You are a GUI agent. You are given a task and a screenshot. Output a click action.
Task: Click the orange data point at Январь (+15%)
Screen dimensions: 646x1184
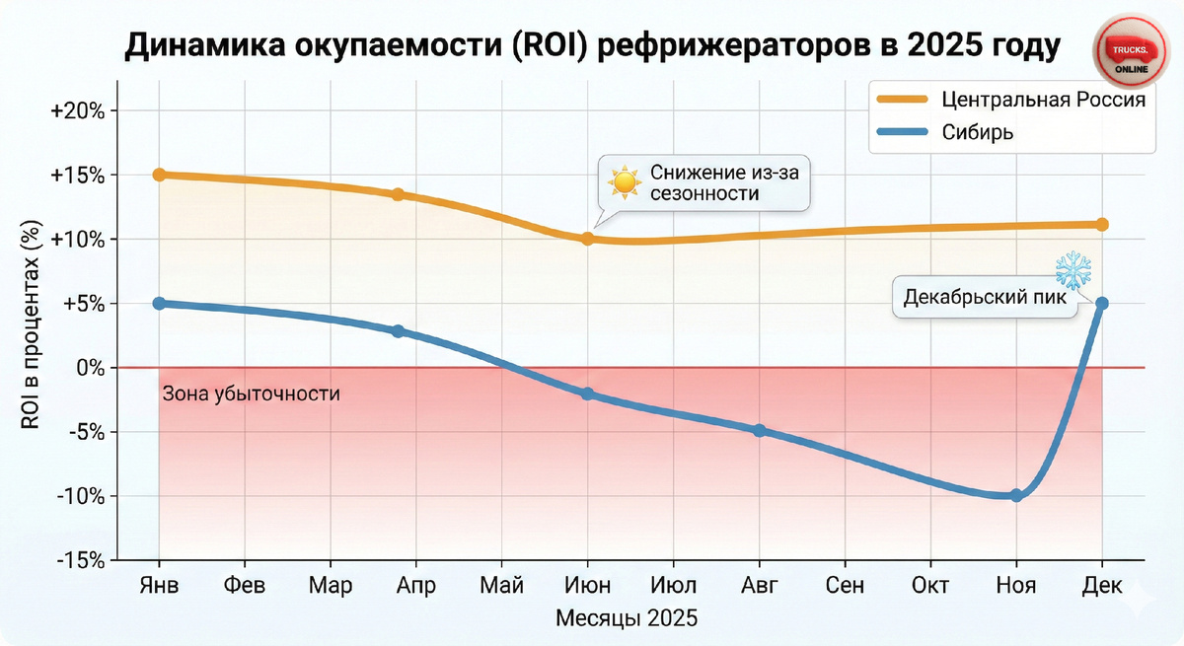click(159, 175)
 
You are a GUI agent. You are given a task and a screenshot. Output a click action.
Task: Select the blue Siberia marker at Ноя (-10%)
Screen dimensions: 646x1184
click(1016, 495)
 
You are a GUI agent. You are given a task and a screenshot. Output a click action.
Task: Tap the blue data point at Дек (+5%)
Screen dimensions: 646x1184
click(1102, 303)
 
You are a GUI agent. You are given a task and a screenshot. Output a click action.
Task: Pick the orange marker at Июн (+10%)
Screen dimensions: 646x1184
click(588, 239)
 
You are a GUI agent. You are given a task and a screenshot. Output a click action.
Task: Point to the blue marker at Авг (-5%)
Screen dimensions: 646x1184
click(759, 431)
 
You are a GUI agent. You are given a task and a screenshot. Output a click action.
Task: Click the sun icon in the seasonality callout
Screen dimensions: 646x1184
click(624, 182)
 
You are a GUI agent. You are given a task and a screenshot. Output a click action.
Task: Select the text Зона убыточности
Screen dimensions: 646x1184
click(250, 395)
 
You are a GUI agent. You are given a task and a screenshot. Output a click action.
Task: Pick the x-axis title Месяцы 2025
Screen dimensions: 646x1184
click(627, 618)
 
